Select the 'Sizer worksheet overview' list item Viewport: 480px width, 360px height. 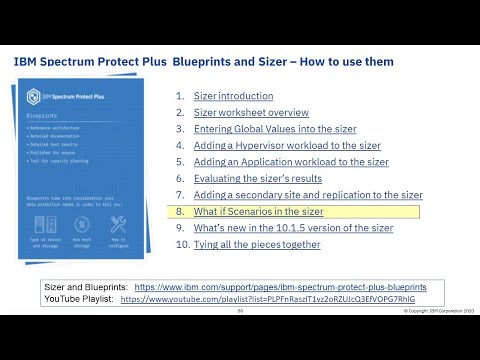251,113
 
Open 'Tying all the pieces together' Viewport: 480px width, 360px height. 257,244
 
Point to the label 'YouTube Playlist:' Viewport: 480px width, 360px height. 78,298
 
